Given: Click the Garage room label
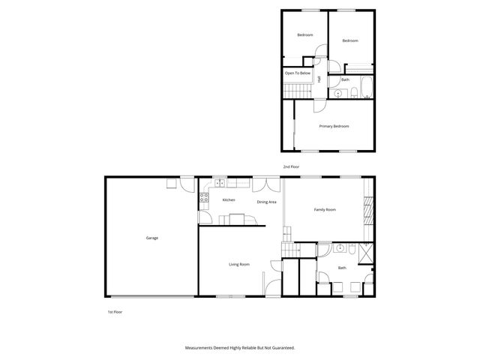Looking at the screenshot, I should [x=151, y=238].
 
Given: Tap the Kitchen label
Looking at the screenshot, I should [x=229, y=200].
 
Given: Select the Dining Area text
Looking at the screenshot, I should [x=267, y=202].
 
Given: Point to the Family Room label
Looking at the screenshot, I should [x=324, y=210].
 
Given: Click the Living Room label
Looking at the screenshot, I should [x=239, y=265].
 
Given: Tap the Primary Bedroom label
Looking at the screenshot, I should [x=334, y=126].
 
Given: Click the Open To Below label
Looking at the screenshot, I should [x=296, y=73].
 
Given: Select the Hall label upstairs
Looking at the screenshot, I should [x=319, y=79].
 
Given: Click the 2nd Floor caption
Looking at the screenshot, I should [x=291, y=166].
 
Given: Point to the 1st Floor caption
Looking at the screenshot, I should [x=114, y=310].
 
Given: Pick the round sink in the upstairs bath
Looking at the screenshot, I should [x=338, y=94].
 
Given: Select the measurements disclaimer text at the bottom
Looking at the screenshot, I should [x=240, y=348].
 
